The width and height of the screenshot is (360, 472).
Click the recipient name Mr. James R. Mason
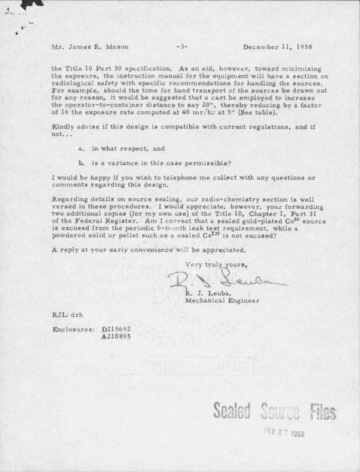pos(90,47)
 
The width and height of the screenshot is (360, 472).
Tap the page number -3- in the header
pos(182,47)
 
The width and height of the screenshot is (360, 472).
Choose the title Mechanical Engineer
pos(222,300)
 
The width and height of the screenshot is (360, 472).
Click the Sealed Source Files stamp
pos(274,411)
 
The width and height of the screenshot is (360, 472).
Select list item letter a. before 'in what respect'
pos(81,149)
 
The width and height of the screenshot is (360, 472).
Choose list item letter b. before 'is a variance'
pos(81,163)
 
